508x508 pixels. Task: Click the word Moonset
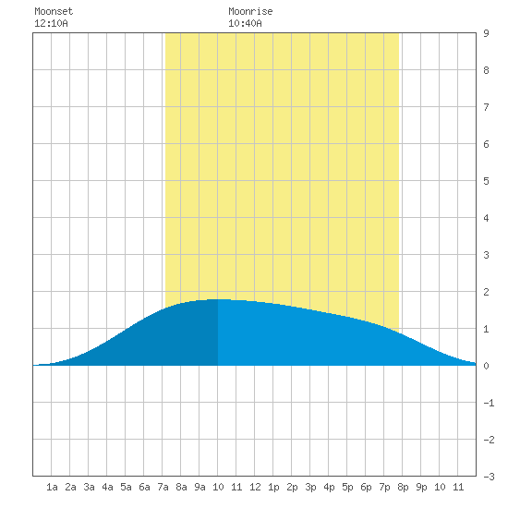[x=54, y=11]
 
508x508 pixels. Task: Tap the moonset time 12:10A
[x=51, y=23]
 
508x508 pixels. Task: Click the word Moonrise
[x=250, y=11]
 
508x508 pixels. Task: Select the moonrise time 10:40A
[x=245, y=23]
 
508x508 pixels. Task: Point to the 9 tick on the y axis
[x=486, y=33]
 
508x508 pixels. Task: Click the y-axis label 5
[x=486, y=181]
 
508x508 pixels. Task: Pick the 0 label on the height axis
[x=486, y=366]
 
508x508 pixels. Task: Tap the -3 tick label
[x=489, y=477]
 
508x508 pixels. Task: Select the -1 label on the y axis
[x=489, y=403]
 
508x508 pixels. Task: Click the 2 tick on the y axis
[x=486, y=292]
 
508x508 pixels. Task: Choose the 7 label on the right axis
[x=486, y=107]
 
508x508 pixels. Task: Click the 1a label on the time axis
[x=52, y=487]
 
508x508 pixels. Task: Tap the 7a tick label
[x=163, y=487]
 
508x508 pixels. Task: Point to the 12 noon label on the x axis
[x=255, y=487]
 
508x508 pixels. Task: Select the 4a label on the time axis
[x=107, y=487]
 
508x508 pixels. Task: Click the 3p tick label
[x=310, y=487]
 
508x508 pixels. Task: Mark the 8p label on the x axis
[x=403, y=487]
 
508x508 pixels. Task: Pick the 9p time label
[x=421, y=487]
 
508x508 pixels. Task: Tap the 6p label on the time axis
[x=366, y=487]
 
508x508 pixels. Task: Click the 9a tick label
[x=200, y=487]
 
